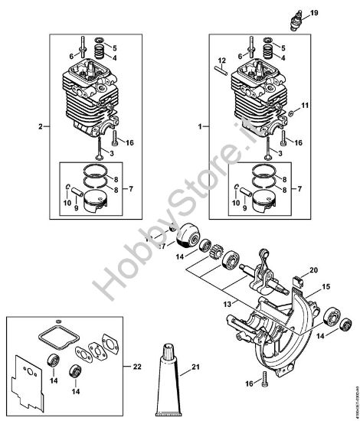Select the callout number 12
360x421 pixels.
pos(220,60)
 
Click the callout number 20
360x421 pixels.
pos(313,270)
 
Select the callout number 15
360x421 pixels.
pos(326,286)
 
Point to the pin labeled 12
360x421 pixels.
pos(218,70)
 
